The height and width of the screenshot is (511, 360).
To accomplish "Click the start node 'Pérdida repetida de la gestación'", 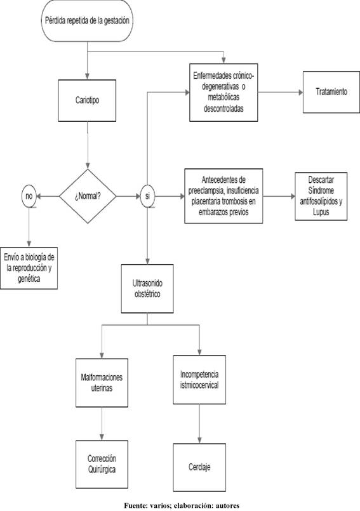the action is tap(87, 20).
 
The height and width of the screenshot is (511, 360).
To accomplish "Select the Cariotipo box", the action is tap(87, 100).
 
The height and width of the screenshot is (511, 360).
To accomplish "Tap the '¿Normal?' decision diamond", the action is tap(88, 196).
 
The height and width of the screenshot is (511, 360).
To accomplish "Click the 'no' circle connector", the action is tap(29, 196).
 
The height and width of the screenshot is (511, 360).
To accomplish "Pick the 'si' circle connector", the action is tap(147, 196).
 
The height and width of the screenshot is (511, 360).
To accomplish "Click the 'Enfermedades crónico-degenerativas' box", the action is tap(223, 93).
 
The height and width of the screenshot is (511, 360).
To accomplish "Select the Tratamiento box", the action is tap(331, 92).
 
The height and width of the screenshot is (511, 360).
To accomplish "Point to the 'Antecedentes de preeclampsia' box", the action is tap(223, 196).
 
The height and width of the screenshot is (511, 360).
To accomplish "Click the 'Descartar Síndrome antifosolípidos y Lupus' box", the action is tap(321, 196).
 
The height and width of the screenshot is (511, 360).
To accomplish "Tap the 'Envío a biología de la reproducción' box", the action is tap(29, 269).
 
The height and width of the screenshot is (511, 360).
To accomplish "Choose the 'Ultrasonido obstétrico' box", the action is tap(147, 289).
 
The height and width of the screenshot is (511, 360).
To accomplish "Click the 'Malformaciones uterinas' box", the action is tap(102, 383).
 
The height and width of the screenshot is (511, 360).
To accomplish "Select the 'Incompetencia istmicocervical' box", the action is tap(199, 380).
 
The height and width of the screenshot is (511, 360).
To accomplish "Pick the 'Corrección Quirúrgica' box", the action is tap(102, 465).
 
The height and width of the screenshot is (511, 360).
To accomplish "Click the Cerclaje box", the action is tap(199, 467).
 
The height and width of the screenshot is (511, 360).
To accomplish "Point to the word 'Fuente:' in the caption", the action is tap(136, 505).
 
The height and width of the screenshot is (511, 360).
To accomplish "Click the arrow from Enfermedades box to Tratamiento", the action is tap(281, 93).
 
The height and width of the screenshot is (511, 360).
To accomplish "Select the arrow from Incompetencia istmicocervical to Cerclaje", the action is tap(199, 423).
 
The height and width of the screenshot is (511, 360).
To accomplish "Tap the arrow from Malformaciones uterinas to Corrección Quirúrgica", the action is tap(102, 423).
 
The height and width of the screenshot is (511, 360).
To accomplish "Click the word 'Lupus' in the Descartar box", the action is tap(321, 212).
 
